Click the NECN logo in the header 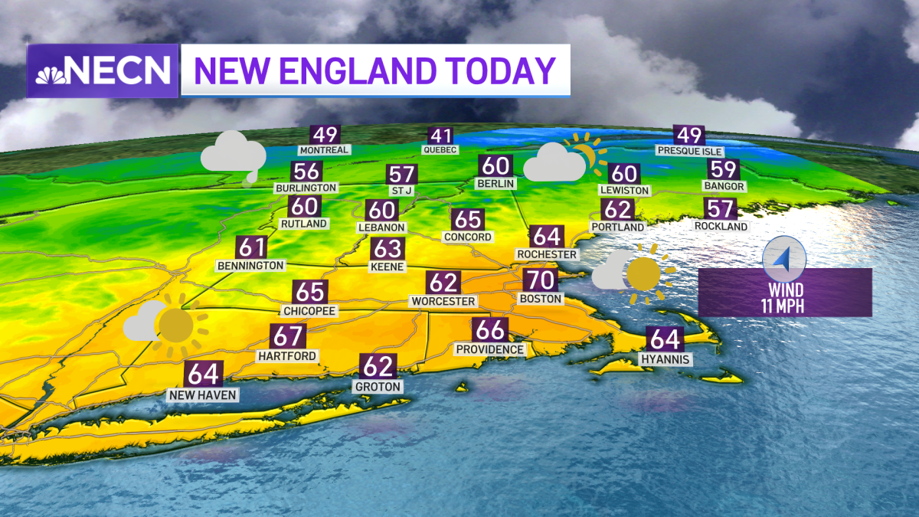(x=103, y=70)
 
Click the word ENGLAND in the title (x=366, y=70)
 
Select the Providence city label (x=490, y=349)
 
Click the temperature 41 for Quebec (x=440, y=136)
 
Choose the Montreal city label (x=324, y=150)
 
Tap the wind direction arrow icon (x=784, y=258)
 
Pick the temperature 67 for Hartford (x=288, y=337)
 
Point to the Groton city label (x=378, y=387)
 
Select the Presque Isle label (x=690, y=152)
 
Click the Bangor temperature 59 (x=724, y=169)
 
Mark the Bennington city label (x=250, y=265)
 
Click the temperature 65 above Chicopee (x=310, y=293)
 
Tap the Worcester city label (x=443, y=301)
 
